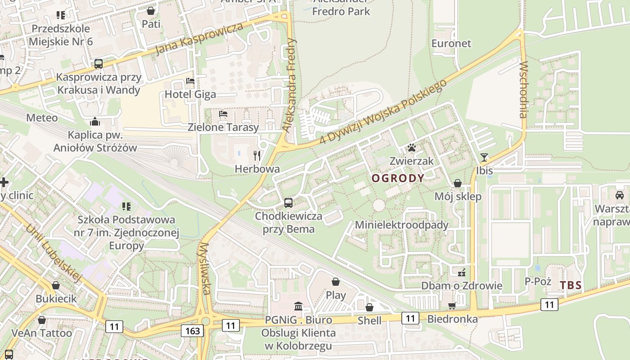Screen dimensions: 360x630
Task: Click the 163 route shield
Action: (x=193, y=331)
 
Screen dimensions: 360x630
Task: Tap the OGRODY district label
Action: (x=398, y=178)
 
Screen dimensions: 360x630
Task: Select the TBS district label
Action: (x=571, y=285)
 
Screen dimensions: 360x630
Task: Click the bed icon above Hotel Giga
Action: (x=190, y=81)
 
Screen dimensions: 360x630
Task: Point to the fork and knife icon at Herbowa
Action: (x=257, y=156)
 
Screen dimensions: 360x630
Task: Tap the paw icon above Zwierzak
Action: (x=411, y=147)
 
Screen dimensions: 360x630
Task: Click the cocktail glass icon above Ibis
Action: (x=484, y=157)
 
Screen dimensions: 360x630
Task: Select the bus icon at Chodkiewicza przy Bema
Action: (x=288, y=203)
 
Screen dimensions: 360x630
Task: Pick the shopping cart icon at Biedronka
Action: (x=452, y=306)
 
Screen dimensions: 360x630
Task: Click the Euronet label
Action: (x=451, y=44)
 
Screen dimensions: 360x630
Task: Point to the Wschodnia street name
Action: (x=523, y=90)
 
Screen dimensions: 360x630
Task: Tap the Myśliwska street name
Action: (x=205, y=269)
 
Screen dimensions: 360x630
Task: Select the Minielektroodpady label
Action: (x=402, y=225)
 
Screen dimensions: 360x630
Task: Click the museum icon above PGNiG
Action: (x=298, y=307)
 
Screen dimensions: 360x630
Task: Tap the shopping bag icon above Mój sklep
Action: (x=458, y=183)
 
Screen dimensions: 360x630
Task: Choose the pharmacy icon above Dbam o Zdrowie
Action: (x=461, y=272)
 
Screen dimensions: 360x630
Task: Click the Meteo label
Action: (x=42, y=118)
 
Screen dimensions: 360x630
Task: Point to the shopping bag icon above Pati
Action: (x=151, y=10)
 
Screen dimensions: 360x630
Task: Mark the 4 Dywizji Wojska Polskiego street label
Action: (x=383, y=112)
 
